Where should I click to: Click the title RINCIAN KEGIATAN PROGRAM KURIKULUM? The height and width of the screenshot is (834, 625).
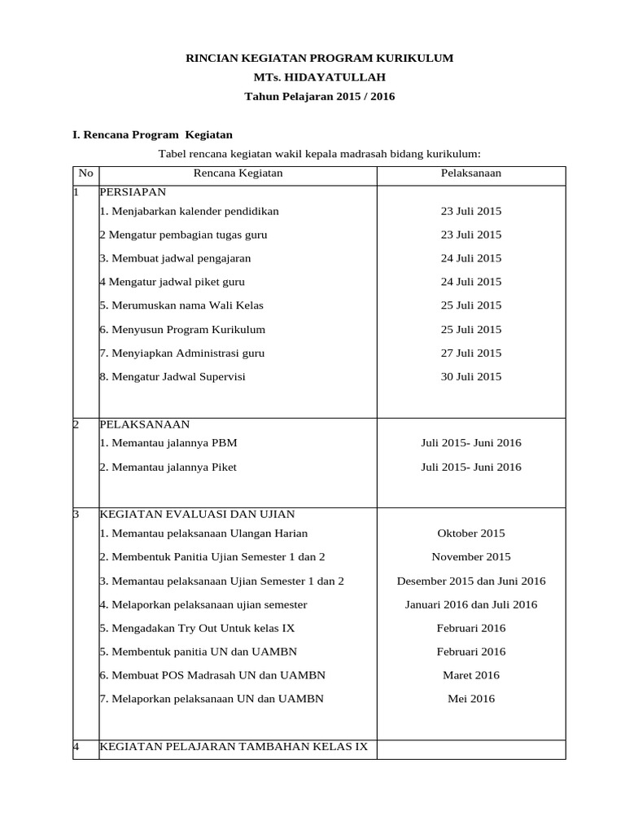320,58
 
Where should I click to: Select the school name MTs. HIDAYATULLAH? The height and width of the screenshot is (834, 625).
320,77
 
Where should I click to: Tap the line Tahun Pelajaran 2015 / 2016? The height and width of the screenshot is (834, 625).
320,96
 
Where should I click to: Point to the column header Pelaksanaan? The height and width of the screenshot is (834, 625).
470,173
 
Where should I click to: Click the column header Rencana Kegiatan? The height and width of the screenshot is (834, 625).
238,173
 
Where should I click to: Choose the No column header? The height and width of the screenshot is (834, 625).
85,173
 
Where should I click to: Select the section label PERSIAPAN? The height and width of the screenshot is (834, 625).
133,192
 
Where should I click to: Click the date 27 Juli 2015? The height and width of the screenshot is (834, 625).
470,353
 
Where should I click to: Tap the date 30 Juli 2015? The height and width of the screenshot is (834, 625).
470,376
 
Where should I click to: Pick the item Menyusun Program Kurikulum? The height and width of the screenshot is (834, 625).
182,329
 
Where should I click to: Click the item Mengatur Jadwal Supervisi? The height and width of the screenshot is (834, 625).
173,376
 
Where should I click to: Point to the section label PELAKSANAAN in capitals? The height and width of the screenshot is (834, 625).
144,424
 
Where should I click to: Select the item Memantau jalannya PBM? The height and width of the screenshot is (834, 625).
168,443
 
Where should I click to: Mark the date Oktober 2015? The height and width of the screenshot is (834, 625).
470,533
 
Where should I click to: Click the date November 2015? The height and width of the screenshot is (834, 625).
470,557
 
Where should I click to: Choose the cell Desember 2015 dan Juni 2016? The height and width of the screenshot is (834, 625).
470,581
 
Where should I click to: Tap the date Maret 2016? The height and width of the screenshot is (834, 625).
470,675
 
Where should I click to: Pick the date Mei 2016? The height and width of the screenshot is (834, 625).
470,698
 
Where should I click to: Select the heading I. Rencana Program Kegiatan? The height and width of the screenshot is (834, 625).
153,134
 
